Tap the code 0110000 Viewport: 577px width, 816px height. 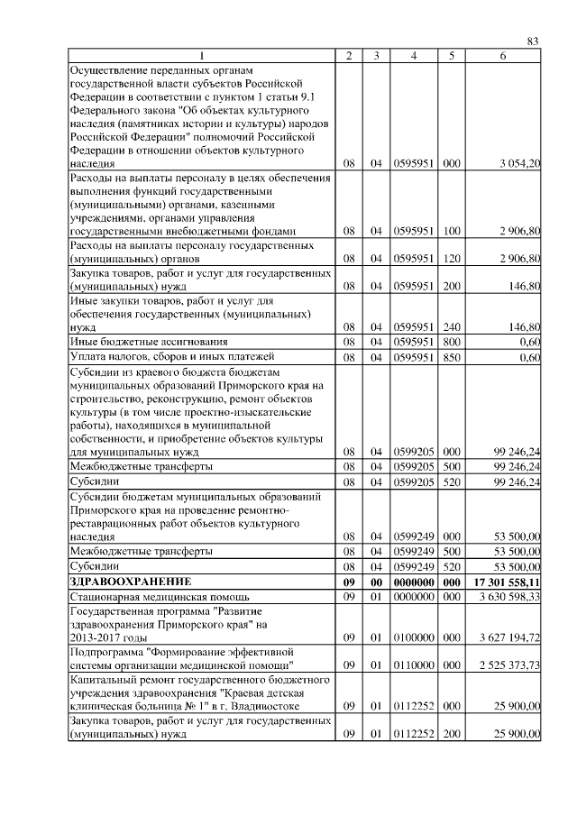pos(414,665)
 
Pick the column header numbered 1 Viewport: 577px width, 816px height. pos(202,56)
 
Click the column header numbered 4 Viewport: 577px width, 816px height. pos(414,56)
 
